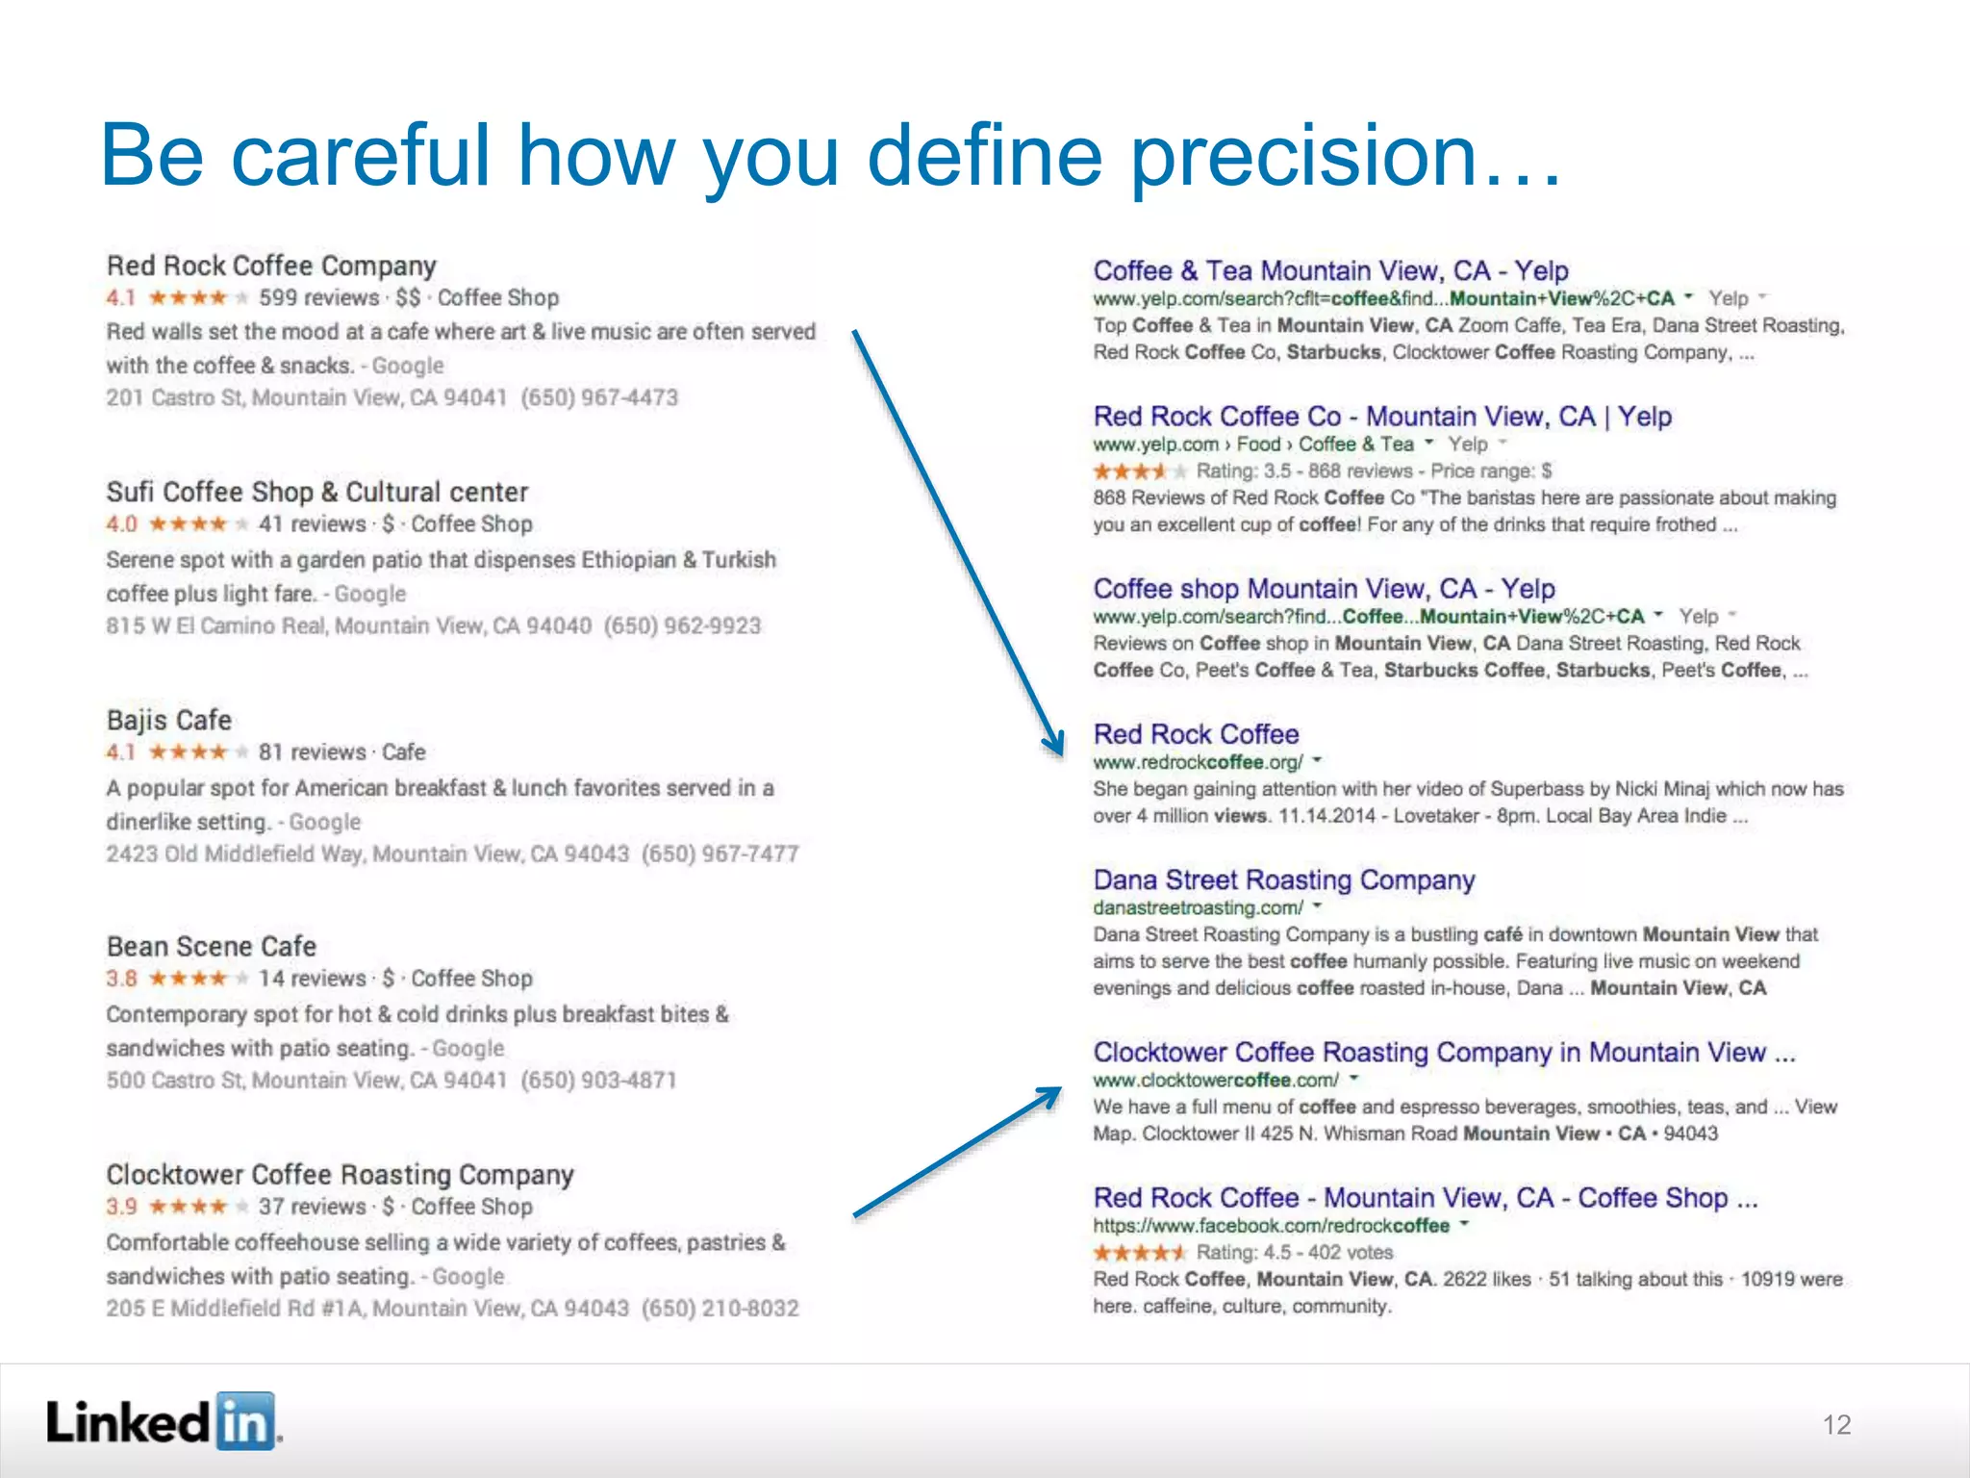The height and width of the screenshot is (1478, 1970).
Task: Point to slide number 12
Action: pos(1836,1425)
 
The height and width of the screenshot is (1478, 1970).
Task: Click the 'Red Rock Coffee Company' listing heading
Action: pos(271,266)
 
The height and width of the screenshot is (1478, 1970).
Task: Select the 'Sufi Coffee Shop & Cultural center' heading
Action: pos(317,492)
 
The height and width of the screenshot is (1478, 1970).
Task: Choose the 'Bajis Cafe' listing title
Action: pos(169,720)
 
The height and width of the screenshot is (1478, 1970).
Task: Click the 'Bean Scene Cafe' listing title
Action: pos(212,946)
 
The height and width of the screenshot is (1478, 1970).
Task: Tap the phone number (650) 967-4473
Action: pos(599,397)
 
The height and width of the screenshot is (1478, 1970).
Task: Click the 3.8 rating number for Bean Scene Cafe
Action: pos(122,979)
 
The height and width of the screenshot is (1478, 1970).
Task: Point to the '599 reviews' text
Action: pos(318,298)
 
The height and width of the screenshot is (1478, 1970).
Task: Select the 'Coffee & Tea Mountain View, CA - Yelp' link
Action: pos(1330,270)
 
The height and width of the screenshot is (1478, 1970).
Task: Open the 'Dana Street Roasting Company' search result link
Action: pos(1284,879)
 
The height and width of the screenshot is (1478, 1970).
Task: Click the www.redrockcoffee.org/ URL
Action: pos(1198,762)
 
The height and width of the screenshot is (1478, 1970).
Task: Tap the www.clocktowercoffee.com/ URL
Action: pos(1216,1080)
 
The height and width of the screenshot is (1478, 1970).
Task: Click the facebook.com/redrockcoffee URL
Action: pos(1271,1225)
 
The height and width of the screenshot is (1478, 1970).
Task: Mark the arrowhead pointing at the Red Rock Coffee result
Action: pos(1055,744)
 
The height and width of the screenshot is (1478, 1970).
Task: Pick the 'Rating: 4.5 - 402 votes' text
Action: pos(1294,1252)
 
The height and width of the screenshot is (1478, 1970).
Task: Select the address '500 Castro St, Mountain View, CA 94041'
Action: pos(307,1081)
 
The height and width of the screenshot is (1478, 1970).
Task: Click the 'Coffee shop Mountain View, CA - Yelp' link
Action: pos(1324,588)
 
